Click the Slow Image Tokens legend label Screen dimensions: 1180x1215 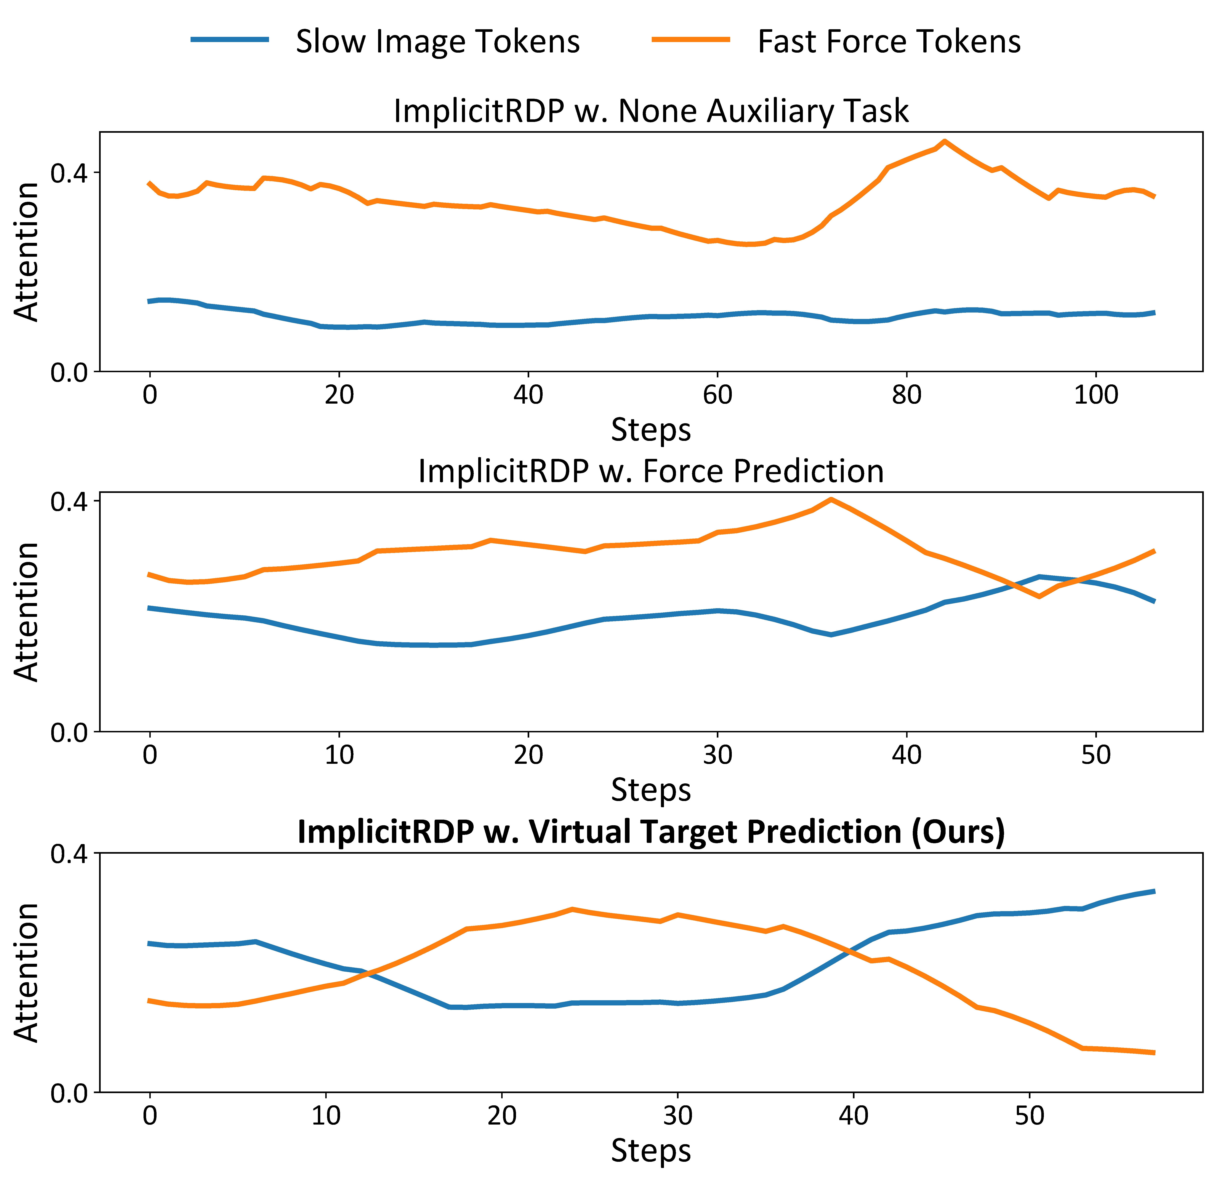tap(438, 42)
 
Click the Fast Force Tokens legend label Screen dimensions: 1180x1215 tap(889, 42)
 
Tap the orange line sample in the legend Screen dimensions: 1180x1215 tap(691, 40)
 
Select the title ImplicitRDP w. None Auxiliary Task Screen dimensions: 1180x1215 tap(651, 112)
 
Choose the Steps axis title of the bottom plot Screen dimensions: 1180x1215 tap(651, 1150)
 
